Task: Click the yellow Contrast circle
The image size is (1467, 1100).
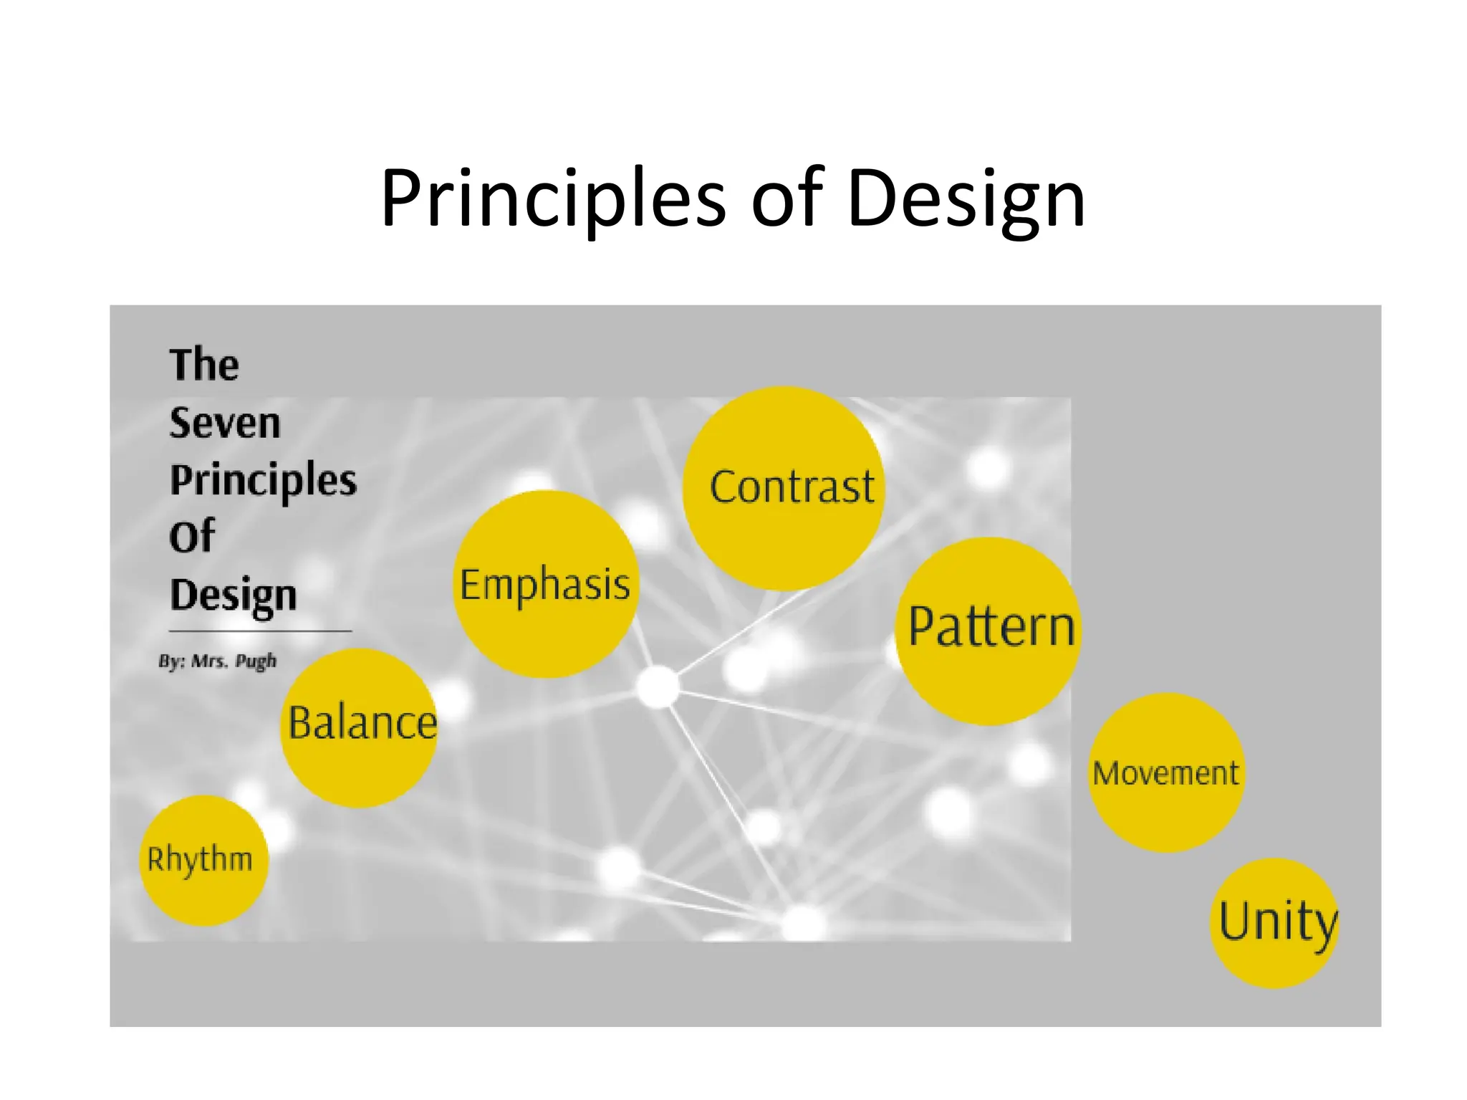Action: pyautogui.click(x=784, y=489)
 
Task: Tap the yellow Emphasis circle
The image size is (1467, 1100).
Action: pyautogui.click(x=546, y=584)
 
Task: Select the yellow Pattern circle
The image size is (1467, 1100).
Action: pyautogui.click(x=989, y=631)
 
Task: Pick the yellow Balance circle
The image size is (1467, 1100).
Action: pyautogui.click(x=360, y=727)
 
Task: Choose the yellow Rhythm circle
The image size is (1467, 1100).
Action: pyautogui.click(x=203, y=860)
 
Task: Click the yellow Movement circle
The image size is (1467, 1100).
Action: pyautogui.click(x=1166, y=773)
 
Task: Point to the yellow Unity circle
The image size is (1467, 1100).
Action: pyautogui.click(x=1275, y=923)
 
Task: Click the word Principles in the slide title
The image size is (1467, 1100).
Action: pyautogui.click(x=553, y=199)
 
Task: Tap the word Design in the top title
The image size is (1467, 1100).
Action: pyautogui.click(x=966, y=199)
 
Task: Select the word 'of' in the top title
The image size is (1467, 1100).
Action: pyautogui.click(x=787, y=199)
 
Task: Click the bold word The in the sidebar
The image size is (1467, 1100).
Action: pyautogui.click(x=204, y=365)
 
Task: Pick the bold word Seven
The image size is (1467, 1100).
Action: pyautogui.click(x=225, y=423)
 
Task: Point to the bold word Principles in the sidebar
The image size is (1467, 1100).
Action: pyautogui.click(x=263, y=480)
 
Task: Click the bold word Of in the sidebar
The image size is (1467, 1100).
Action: pyautogui.click(x=192, y=537)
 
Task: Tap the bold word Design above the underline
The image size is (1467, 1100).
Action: pyautogui.click(x=234, y=596)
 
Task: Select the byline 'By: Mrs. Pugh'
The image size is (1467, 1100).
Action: pyautogui.click(x=218, y=661)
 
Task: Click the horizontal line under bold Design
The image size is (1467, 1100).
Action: pyautogui.click(x=260, y=631)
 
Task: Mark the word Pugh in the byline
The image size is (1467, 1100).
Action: pyautogui.click(x=256, y=661)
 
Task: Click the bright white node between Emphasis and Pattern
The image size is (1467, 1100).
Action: pyautogui.click(x=658, y=686)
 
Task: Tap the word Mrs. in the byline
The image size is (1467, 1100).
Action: pyautogui.click(x=209, y=661)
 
